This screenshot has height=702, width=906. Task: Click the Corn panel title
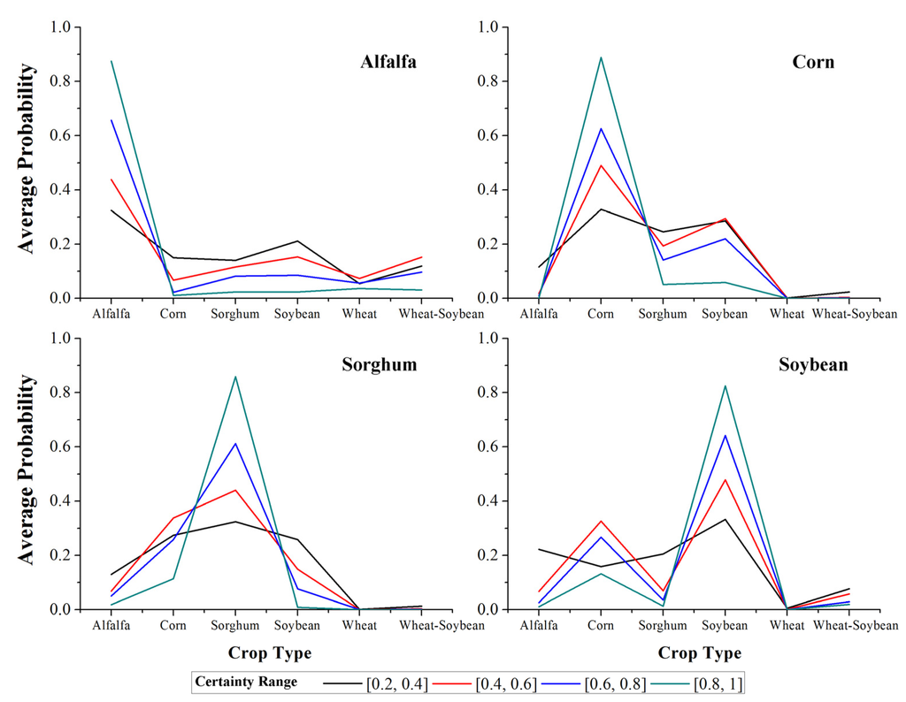[813, 62]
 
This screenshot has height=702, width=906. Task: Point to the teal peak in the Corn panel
[601, 57]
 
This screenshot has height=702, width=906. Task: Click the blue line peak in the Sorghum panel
[235, 444]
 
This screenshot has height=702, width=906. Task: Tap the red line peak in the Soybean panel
[725, 480]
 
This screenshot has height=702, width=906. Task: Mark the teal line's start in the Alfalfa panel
[111, 61]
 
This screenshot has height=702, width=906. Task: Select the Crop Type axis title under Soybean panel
[699, 653]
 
